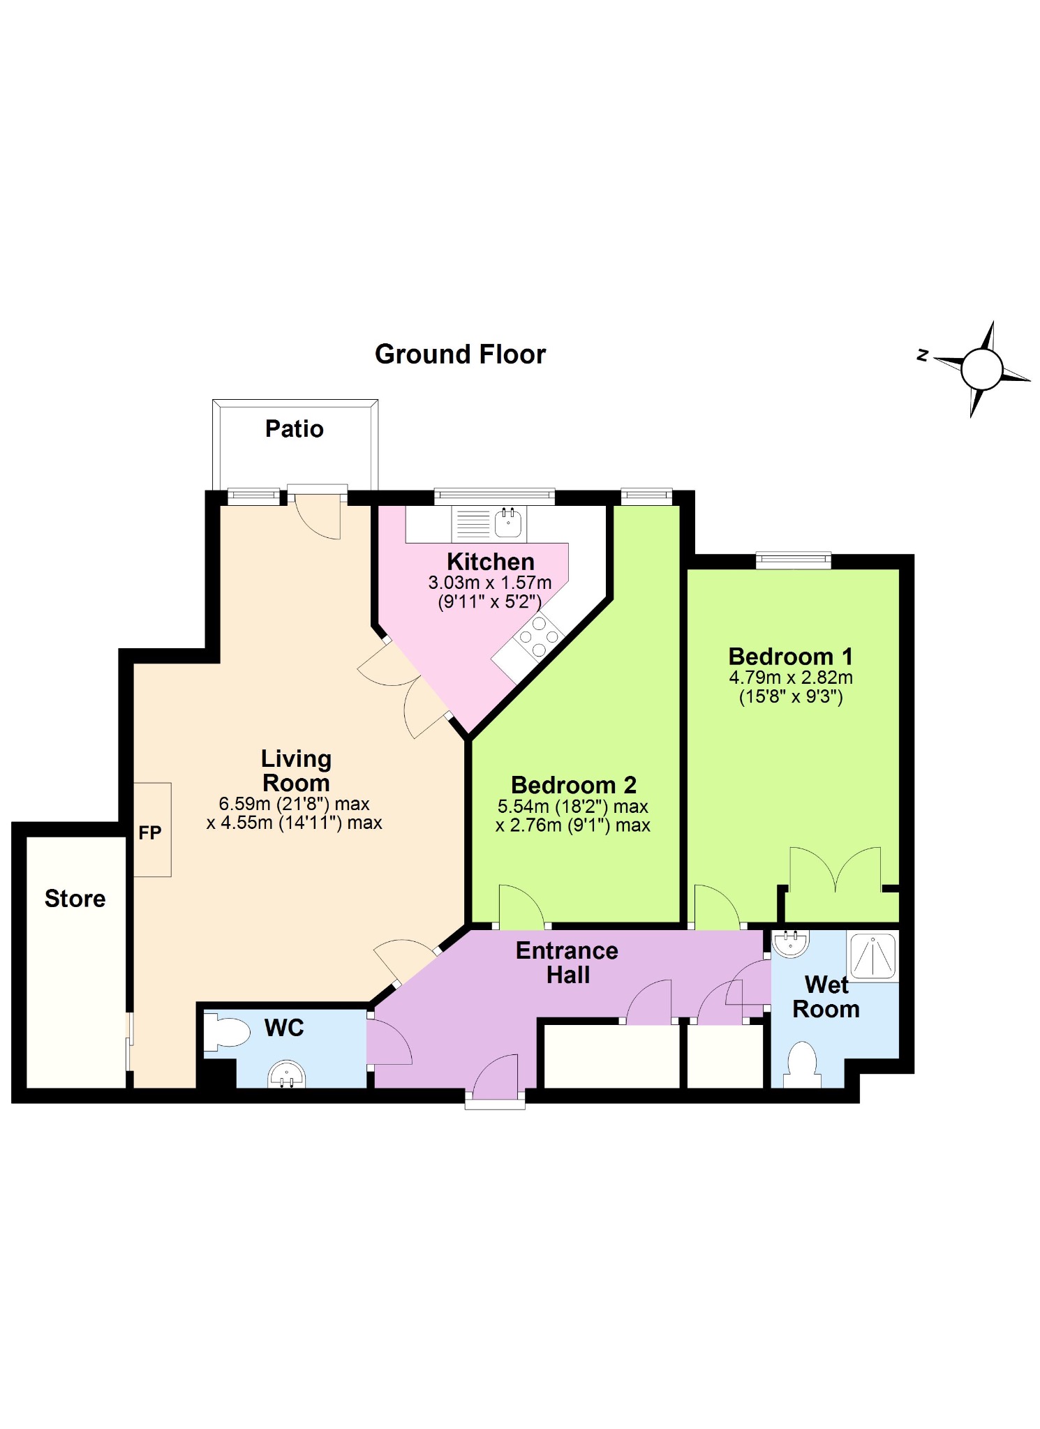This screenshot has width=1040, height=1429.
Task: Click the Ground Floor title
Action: [x=460, y=354]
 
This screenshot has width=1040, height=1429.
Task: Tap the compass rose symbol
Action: [x=981, y=369]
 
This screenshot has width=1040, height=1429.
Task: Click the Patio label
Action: [x=294, y=428]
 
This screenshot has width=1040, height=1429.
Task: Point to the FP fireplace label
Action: [x=149, y=832]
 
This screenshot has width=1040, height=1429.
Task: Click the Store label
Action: [x=75, y=899]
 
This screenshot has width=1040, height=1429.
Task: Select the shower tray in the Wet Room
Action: [x=872, y=955]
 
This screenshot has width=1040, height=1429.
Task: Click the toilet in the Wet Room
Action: [x=802, y=1063]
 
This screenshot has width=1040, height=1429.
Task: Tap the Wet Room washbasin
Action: [x=791, y=943]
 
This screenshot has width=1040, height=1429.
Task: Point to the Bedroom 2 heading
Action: [x=573, y=785]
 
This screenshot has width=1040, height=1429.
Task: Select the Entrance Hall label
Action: [x=567, y=962]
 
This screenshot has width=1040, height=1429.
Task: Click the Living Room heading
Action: [x=296, y=770]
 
